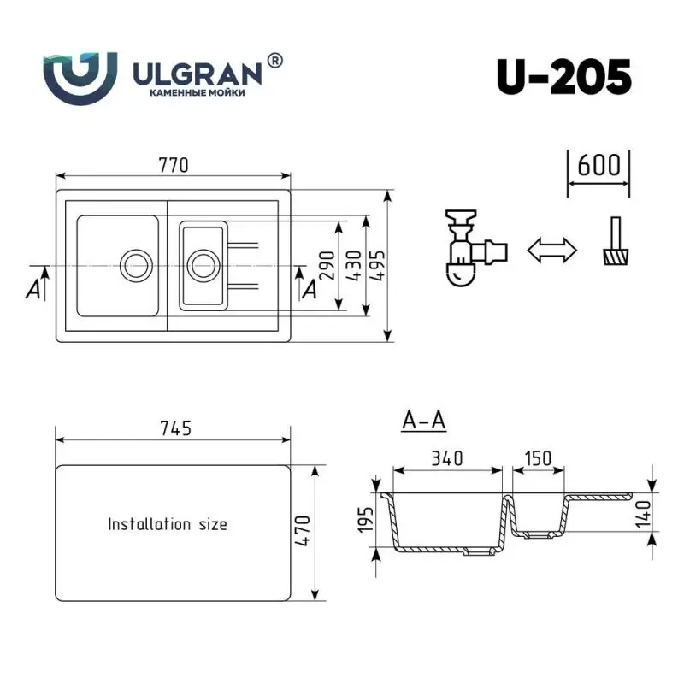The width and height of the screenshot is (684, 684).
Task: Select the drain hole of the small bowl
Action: click(x=203, y=264)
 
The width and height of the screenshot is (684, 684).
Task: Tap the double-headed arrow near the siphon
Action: click(x=551, y=251)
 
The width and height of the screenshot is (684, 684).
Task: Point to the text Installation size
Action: click(x=168, y=524)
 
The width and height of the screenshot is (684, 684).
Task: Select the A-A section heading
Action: click(x=423, y=421)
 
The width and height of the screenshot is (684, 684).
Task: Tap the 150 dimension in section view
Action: click(x=539, y=458)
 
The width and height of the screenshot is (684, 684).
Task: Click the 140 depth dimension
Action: click(x=644, y=514)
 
